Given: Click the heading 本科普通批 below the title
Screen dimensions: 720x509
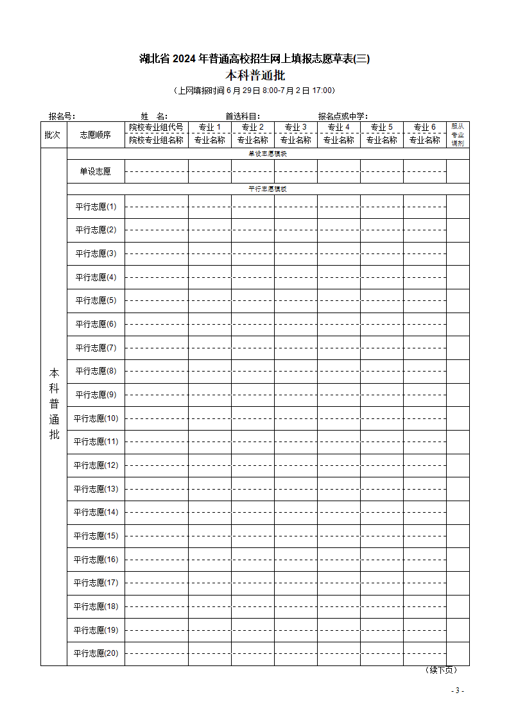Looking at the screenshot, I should click(255, 75).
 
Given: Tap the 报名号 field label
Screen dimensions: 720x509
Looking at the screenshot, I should click(62, 116).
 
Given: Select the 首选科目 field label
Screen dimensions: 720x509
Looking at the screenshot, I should click(242, 116).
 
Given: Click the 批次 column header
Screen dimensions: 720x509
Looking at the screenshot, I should click(53, 135).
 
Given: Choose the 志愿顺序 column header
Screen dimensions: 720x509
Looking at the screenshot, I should click(95, 135).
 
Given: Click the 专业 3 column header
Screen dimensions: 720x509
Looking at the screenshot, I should click(295, 127).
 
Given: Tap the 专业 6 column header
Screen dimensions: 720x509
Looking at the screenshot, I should click(424, 127).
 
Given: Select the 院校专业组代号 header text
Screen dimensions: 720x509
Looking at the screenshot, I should click(156, 127).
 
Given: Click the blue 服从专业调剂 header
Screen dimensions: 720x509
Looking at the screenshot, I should click(458, 135).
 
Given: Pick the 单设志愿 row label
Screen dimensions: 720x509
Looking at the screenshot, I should click(95, 171).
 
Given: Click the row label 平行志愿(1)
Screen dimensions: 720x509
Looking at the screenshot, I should click(96, 207).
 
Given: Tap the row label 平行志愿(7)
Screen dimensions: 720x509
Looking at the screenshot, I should click(96, 348).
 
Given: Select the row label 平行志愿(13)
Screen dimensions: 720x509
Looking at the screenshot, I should click(96, 489).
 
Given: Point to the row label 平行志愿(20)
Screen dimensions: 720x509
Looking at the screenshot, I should click(96, 653).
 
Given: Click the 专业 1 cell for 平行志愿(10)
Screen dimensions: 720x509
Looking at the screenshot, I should click(209, 418).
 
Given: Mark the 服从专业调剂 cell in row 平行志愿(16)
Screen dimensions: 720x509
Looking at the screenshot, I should click(458, 560).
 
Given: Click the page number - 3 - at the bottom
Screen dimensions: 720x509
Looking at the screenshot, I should click(457, 690).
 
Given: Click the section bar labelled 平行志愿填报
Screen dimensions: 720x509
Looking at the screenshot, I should click(268, 189).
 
